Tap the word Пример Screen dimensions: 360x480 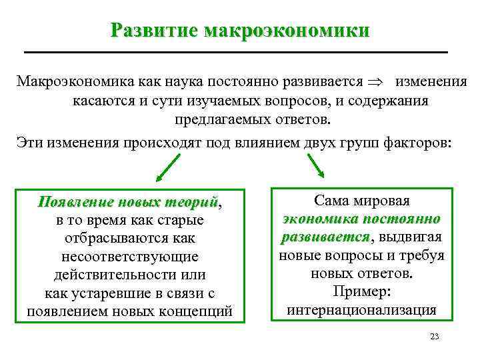click(x=361, y=292)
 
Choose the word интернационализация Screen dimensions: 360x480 click(x=361, y=310)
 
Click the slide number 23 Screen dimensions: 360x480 click(x=435, y=337)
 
